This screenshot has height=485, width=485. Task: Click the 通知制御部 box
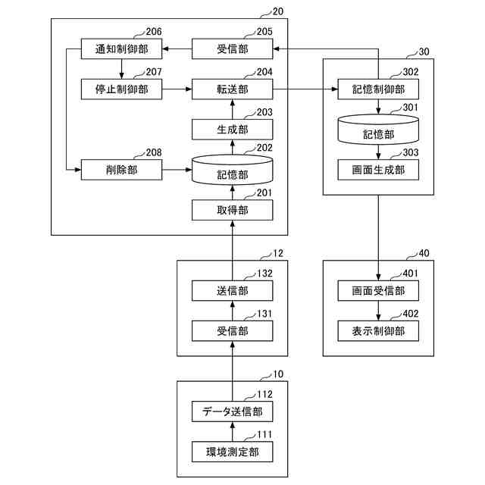(121, 48)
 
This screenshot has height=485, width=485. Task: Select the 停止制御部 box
(121, 89)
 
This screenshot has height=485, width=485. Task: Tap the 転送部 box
(233, 89)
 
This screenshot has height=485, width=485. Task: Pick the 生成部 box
(233, 130)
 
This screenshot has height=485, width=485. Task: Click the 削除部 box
(121, 170)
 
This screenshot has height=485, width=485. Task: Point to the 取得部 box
(233, 211)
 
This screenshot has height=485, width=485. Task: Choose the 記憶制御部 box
(378, 89)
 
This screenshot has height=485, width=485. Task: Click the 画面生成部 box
(378, 170)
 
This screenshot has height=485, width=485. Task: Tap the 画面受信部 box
(378, 291)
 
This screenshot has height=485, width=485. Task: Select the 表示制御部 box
(378, 331)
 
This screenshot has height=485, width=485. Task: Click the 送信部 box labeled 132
(233, 291)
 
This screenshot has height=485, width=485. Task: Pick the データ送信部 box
(233, 411)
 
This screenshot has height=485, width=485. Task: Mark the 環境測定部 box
(233, 452)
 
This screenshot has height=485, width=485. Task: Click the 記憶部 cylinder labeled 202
(233, 170)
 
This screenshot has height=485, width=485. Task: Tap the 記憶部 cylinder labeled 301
(378, 130)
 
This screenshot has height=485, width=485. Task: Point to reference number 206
(154, 32)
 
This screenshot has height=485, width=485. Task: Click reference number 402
(411, 314)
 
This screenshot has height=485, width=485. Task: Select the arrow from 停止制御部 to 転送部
(177, 89)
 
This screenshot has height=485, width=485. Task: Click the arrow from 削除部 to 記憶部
(177, 170)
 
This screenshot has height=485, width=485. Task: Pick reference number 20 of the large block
(278, 11)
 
